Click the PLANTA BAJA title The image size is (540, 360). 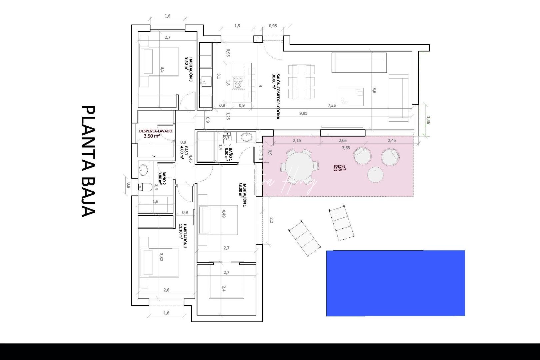point(88,162)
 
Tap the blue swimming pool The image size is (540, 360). point(395,283)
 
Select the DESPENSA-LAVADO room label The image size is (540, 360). point(156,133)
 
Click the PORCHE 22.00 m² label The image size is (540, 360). point(340,168)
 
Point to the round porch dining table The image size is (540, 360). point(299,166)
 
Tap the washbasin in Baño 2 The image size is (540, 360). point(144,170)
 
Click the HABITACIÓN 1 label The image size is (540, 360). point(242,195)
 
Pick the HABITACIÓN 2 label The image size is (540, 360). point(183,236)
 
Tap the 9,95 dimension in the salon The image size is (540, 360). point(303,113)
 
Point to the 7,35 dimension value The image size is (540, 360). point(332,105)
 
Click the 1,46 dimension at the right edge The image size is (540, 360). point(428,120)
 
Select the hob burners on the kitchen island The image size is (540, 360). point(238,82)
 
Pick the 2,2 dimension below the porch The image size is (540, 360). point(271,220)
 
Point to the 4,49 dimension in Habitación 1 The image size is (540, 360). point(224,213)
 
